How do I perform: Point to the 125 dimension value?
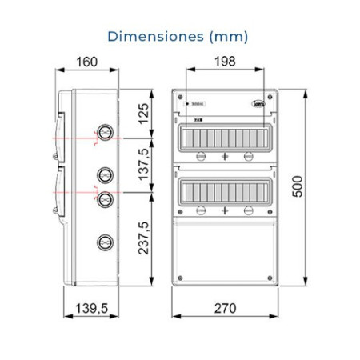coord(145,114)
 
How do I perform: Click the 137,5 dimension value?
coord(145,166)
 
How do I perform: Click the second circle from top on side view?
coord(103,174)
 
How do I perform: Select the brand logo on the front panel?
coord(258,102)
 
